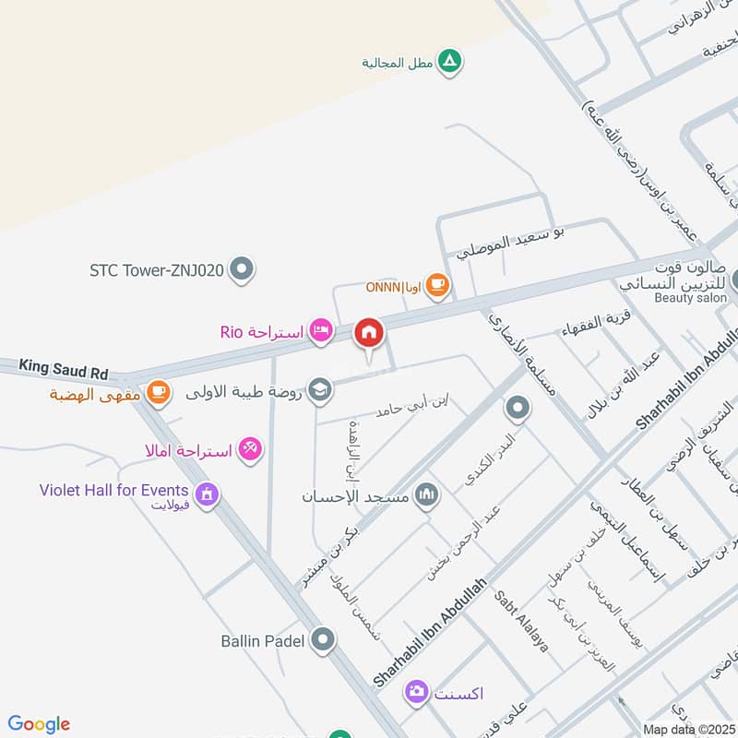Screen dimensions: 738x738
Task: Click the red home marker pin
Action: point(370,333)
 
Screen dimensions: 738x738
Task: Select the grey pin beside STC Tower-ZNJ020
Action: point(242,270)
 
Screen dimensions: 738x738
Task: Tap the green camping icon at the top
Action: point(449,62)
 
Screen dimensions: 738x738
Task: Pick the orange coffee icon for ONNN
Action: point(438,286)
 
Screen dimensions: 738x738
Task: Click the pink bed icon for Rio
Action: point(320,330)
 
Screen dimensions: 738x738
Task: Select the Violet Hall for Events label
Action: point(114,490)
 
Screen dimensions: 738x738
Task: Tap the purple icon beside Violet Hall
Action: point(208,494)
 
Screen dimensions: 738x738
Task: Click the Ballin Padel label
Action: point(263,639)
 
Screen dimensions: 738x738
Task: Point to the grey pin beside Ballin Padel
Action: point(323,638)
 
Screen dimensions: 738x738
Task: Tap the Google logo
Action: point(39,724)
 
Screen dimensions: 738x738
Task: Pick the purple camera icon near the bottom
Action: point(417,691)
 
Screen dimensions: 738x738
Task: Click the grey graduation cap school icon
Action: point(320,390)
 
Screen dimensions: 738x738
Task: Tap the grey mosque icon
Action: point(425,495)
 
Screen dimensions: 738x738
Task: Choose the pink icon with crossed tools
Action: point(249,449)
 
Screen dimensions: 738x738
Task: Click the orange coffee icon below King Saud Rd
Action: point(158,392)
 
